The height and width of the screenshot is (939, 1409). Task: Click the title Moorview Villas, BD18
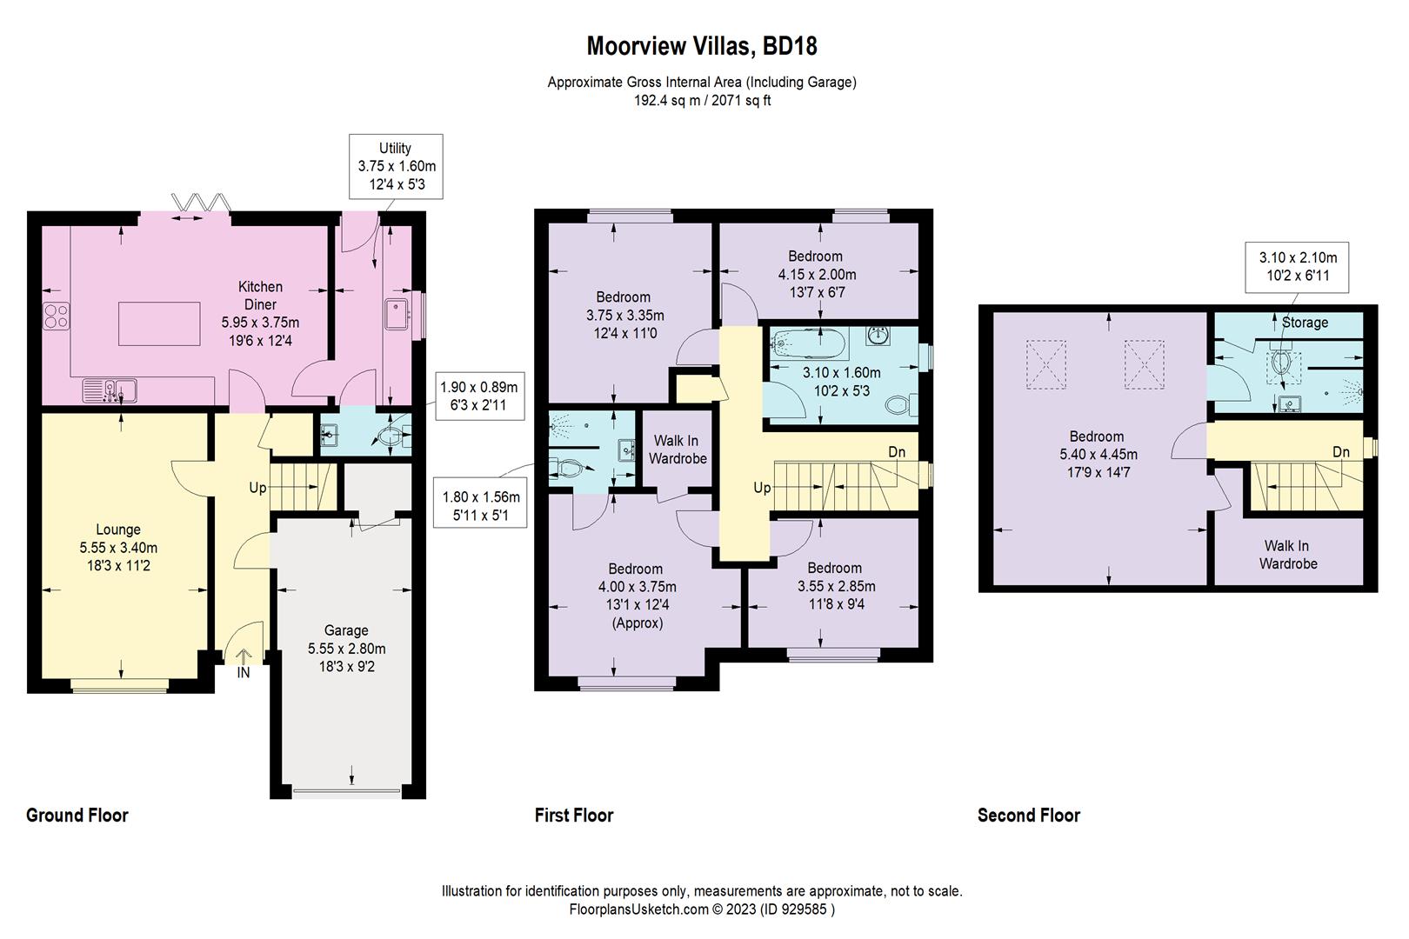point(701,46)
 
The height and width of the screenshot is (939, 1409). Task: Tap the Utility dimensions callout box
point(396,167)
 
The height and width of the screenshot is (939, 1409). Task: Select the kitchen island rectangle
point(159,323)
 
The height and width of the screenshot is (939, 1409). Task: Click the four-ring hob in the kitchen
point(56,316)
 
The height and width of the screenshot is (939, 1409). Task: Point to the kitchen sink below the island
point(110,390)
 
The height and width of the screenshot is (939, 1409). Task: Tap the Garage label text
point(346,630)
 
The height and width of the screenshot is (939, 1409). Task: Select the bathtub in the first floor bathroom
point(809,343)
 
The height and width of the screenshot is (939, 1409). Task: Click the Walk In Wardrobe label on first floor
point(677,450)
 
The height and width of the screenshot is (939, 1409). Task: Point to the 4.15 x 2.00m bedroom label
point(817,274)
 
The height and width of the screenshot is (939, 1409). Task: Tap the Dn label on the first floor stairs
point(897,452)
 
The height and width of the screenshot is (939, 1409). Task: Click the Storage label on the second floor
point(1305,323)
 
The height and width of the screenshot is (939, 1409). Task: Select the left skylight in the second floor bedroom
point(1046,365)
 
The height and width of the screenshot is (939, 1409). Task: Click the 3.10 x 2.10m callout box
point(1297,267)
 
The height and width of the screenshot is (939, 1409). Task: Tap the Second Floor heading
point(1028,816)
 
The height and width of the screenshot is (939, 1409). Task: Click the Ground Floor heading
point(77,816)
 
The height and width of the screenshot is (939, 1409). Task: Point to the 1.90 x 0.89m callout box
point(478,396)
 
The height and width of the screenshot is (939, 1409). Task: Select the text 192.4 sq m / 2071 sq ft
point(702,101)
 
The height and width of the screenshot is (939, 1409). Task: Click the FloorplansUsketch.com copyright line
point(702,909)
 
